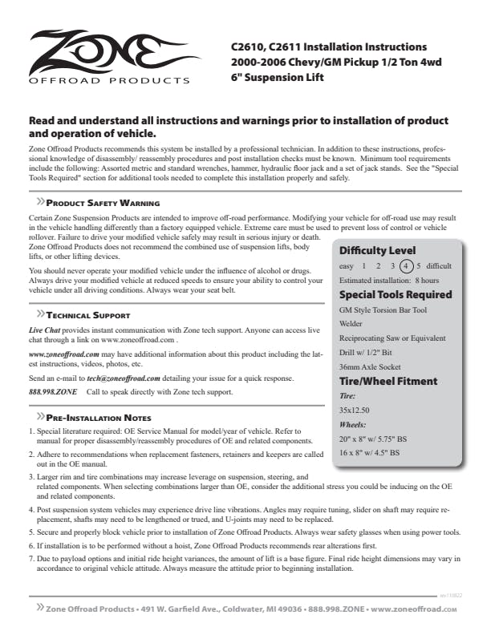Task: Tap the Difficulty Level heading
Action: pyautogui.click(x=377, y=250)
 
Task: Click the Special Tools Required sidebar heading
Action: pyautogui.click(x=396, y=294)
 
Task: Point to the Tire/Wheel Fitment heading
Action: pyautogui.click(x=388, y=381)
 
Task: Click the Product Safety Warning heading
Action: pyautogui.click(x=102, y=204)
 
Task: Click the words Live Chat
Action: pyautogui.click(x=45, y=330)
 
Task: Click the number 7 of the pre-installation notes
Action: pyautogui.click(x=30, y=557)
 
